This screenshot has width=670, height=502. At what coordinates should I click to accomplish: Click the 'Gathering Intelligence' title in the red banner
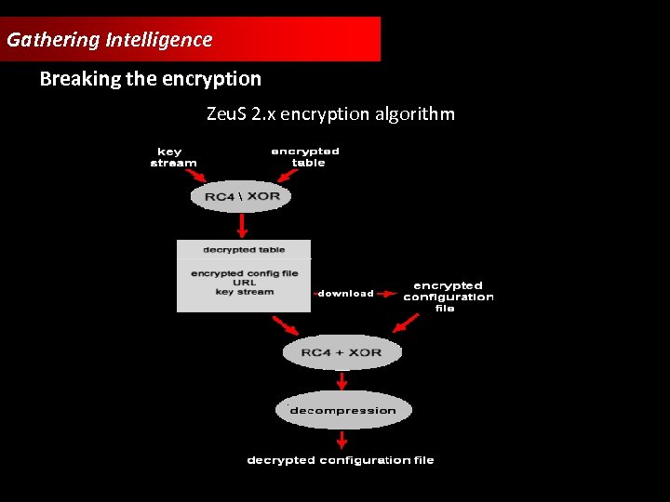tap(109, 40)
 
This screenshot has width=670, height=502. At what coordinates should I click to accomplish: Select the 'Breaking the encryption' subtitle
tap(150, 79)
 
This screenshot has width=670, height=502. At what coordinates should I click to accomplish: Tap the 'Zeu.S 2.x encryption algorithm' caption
tap(330, 114)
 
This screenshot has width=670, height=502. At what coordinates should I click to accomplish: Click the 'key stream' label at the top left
tap(173, 157)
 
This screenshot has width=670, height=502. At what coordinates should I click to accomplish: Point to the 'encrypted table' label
tap(305, 157)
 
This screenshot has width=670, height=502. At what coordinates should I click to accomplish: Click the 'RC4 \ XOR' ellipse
tap(241, 196)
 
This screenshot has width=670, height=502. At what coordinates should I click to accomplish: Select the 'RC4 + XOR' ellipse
tap(341, 352)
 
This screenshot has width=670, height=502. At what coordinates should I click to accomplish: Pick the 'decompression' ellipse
tap(342, 410)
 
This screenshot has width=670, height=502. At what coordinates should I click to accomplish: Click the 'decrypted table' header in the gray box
tap(244, 249)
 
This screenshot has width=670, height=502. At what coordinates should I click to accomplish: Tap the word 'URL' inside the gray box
tap(244, 283)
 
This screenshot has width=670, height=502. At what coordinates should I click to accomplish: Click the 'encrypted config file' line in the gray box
tap(244, 273)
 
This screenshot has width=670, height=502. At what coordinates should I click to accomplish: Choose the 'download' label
tap(345, 294)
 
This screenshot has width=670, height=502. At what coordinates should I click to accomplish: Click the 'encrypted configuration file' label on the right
tap(448, 297)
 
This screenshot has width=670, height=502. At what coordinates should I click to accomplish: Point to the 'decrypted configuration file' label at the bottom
tap(341, 460)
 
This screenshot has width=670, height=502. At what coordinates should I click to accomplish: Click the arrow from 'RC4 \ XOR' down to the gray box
tap(243, 225)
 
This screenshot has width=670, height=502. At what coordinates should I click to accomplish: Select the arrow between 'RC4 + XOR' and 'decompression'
tap(342, 380)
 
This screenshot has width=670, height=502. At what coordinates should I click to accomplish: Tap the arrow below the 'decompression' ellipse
tap(342, 439)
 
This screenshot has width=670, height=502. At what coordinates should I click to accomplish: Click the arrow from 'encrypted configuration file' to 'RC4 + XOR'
tap(406, 322)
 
